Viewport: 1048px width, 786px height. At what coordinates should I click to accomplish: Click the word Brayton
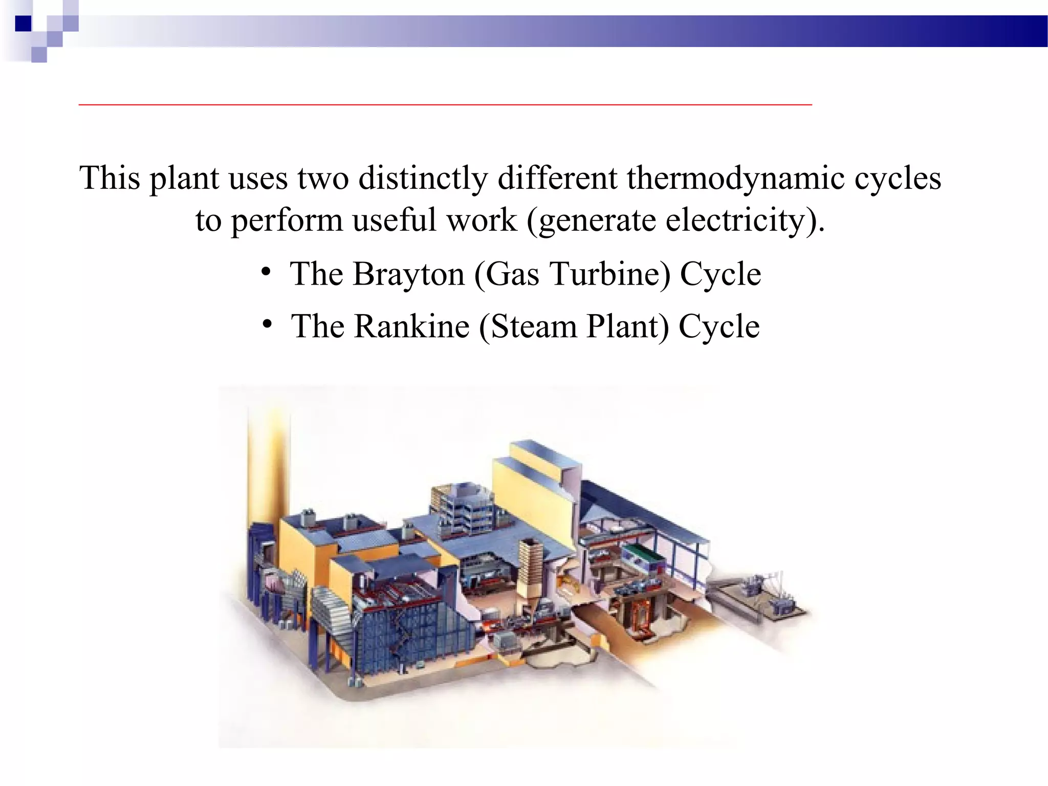(408, 274)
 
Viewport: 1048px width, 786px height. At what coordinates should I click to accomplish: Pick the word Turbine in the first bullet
(610, 274)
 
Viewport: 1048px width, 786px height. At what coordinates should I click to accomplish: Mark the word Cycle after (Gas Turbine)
(720, 274)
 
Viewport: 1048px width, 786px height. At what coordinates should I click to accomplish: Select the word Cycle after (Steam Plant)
(719, 326)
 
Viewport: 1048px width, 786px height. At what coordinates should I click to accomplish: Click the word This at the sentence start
(110, 178)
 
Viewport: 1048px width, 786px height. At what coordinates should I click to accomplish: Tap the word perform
(287, 221)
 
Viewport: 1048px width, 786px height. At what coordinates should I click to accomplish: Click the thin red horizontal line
(445, 104)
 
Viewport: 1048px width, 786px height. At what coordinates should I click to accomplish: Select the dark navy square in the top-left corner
(24, 24)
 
